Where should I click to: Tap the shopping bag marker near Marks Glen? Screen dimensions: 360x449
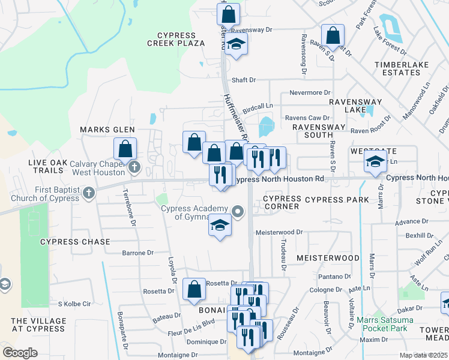[x=125, y=148]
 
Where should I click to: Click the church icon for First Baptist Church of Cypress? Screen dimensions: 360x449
[x=89, y=193]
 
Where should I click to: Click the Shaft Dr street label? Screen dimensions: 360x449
[x=244, y=80]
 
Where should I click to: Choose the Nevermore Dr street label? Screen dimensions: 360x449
[x=310, y=93]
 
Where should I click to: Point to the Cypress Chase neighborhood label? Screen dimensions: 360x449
[x=75, y=242]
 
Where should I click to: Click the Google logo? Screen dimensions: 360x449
[x=20, y=353]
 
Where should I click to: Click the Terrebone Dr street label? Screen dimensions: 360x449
[x=130, y=208]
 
